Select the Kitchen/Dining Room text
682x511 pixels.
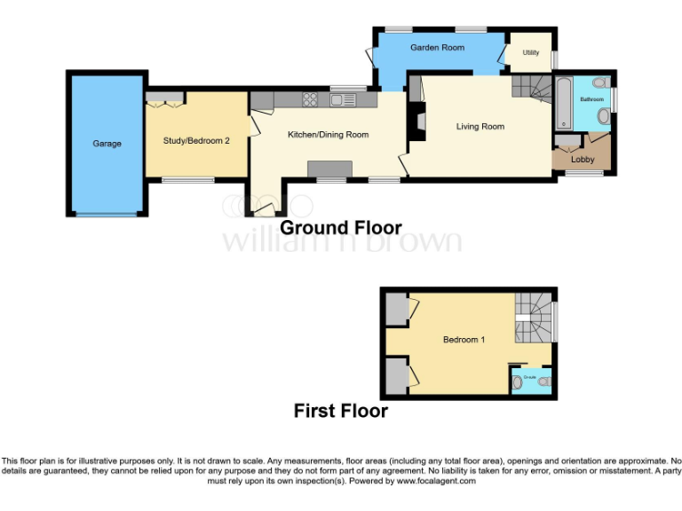(x=328, y=135)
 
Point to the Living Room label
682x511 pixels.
(x=480, y=127)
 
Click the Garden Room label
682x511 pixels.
(x=432, y=48)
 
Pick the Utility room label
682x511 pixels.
(x=531, y=53)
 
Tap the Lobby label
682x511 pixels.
(x=583, y=160)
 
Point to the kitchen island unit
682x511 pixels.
(x=329, y=169)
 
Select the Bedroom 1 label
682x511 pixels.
(x=464, y=340)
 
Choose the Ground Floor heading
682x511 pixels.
(x=341, y=228)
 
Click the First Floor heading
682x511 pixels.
(x=341, y=412)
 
